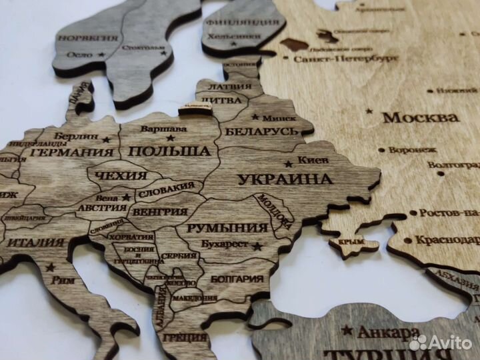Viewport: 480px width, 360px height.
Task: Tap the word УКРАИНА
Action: [285, 179]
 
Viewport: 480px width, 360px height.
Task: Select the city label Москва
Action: [421, 117]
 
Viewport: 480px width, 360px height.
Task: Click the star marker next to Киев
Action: [289, 163]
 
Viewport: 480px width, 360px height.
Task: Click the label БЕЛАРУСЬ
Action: [261, 131]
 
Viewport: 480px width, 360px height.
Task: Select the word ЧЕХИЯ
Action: [121, 176]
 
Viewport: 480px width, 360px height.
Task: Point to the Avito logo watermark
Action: [442, 343]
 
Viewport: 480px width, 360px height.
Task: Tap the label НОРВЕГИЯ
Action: [87, 38]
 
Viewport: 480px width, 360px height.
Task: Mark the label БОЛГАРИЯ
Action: [237, 279]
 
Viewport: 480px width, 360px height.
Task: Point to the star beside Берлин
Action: [107, 139]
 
